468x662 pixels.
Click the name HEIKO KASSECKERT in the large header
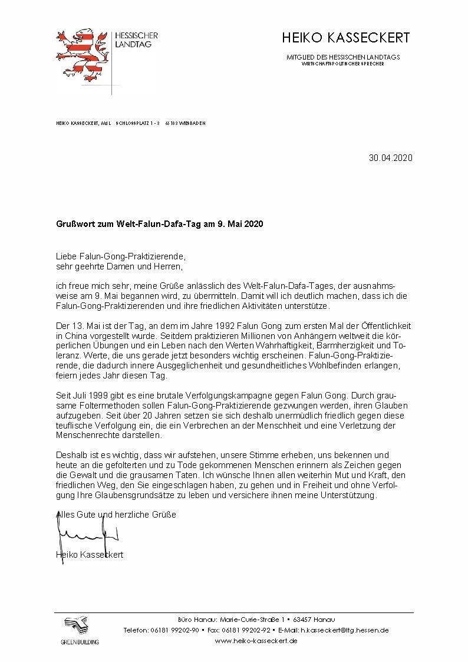345,38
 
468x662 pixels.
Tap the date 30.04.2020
390,158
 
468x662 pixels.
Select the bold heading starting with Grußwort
159,225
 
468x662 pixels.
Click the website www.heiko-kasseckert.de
255,640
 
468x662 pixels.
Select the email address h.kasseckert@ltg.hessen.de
344,630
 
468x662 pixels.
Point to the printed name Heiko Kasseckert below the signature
90,554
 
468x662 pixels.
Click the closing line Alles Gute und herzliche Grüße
116,514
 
